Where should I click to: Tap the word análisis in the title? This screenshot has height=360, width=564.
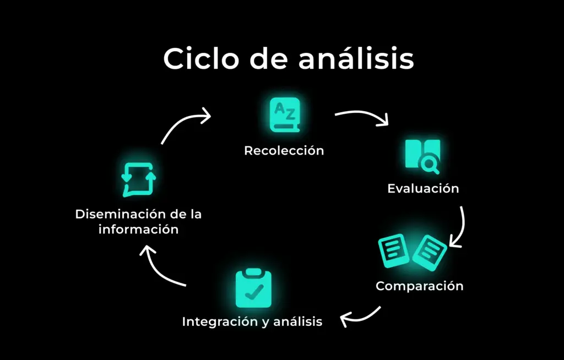pyautogui.click(x=356, y=58)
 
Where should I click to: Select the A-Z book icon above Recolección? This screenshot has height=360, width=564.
pyautogui.click(x=285, y=114)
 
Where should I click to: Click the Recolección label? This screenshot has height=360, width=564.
pyautogui.click(x=284, y=150)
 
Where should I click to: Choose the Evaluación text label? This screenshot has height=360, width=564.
pyautogui.click(x=423, y=188)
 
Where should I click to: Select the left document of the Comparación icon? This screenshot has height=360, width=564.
pyautogui.click(x=393, y=250)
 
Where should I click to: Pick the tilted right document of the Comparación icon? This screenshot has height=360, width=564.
pyautogui.click(x=430, y=253)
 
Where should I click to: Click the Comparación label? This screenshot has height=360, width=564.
pyautogui.click(x=419, y=286)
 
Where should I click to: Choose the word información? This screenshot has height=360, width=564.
pyautogui.click(x=138, y=230)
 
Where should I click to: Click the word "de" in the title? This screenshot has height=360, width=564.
pyautogui.click(x=269, y=58)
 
